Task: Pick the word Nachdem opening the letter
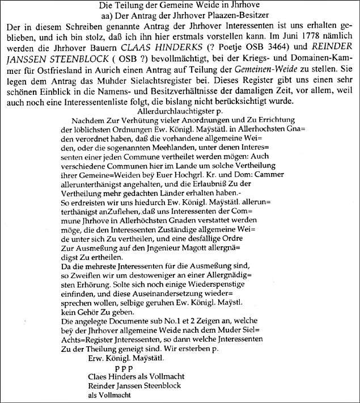pyautogui.click(x=90, y=124)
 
